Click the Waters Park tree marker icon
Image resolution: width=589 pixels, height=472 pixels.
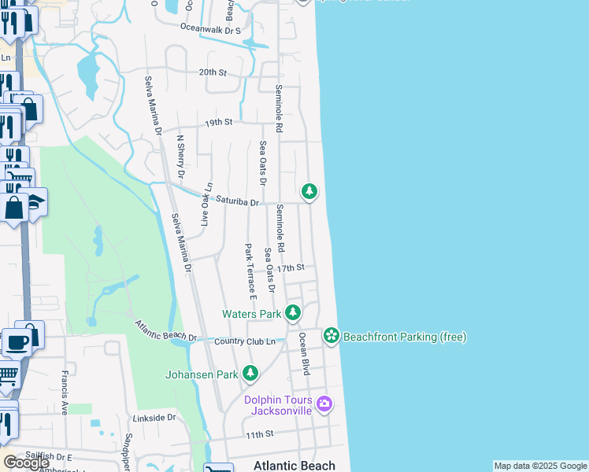pos(293,313)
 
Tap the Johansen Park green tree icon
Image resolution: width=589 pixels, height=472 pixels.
pos(250,373)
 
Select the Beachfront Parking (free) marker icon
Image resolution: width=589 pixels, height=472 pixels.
pos(332,336)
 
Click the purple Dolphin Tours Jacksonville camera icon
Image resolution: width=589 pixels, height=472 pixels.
pos(324,404)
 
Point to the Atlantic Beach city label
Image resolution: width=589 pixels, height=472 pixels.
pos(294,465)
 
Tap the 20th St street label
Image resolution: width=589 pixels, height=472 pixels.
pos(213,72)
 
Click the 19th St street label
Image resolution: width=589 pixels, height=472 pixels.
pos(219,123)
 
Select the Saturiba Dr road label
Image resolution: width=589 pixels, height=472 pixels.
pos(238,201)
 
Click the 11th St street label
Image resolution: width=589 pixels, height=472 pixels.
pos(258,433)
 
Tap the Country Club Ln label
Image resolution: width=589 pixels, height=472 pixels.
pos(244,341)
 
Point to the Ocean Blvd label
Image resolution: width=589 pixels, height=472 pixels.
pos(304,353)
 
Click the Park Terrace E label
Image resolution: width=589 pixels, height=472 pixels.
pos(250,271)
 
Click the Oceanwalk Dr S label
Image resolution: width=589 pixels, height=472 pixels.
pos(209,28)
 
